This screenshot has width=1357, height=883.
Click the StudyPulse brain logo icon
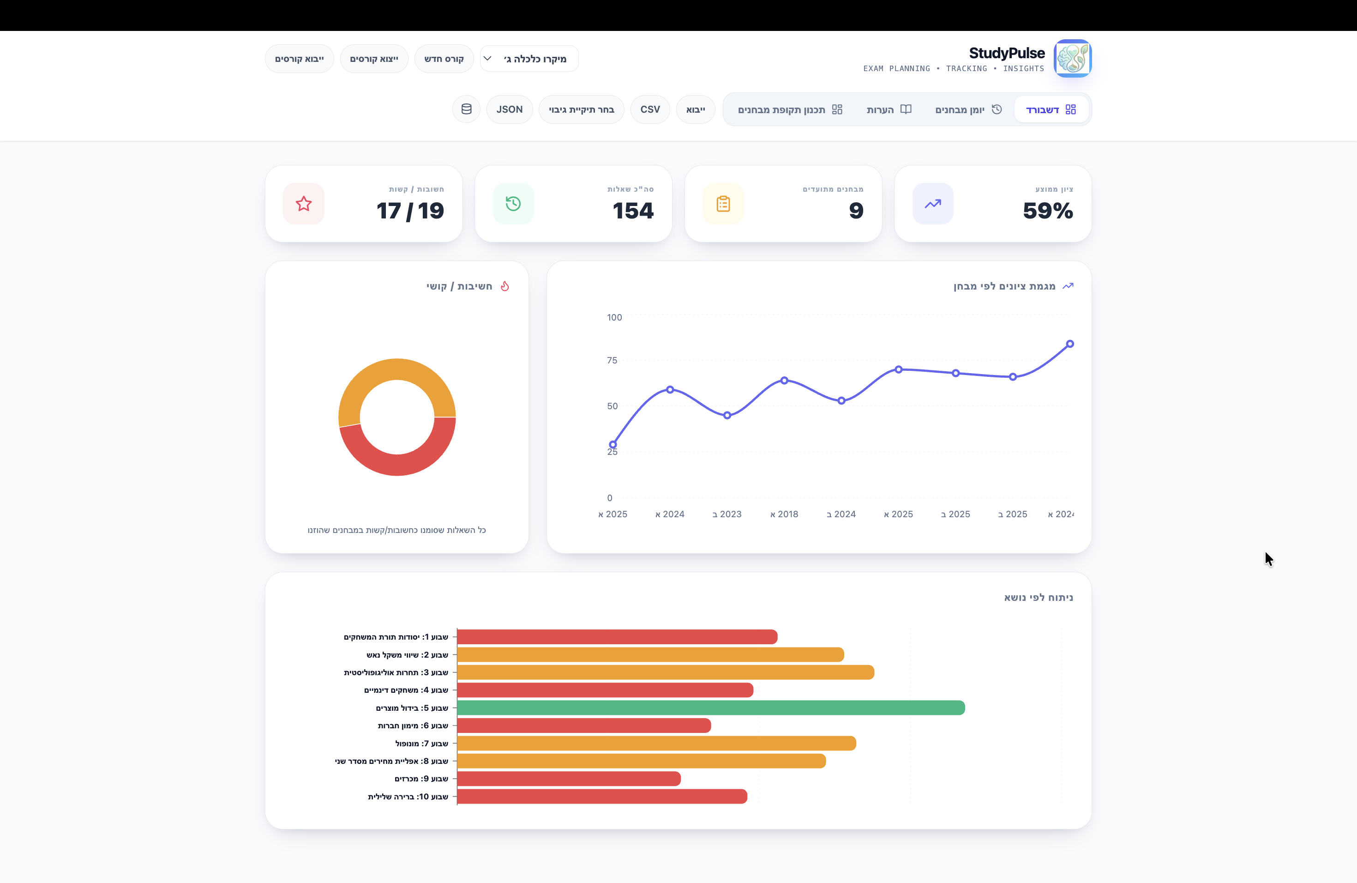[x=1072, y=58]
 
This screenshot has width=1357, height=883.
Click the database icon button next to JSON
[x=466, y=109]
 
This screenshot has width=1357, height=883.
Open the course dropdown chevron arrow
[x=487, y=58]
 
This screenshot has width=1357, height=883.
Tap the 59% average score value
[x=1047, y=211]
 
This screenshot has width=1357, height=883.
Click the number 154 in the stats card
[x=633, y=211]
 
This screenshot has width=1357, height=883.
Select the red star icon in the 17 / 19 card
[x=303, y=204]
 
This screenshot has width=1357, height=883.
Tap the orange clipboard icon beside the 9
[x=723, y=204]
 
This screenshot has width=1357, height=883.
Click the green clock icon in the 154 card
[x=513, y=204]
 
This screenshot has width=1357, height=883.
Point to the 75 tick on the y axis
[x=612, y=361]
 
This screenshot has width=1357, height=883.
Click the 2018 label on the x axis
[x=784, y=514]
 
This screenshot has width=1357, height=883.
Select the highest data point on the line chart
[x=1069, y=344]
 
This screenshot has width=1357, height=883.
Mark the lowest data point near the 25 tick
[x=613, y=444]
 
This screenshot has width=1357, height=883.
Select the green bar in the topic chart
[x=710, y=708]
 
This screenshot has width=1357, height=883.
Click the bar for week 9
[x=569, y=779]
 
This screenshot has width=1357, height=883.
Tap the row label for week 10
[x=408, y=796]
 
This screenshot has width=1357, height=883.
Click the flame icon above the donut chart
[x=504, y=286]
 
